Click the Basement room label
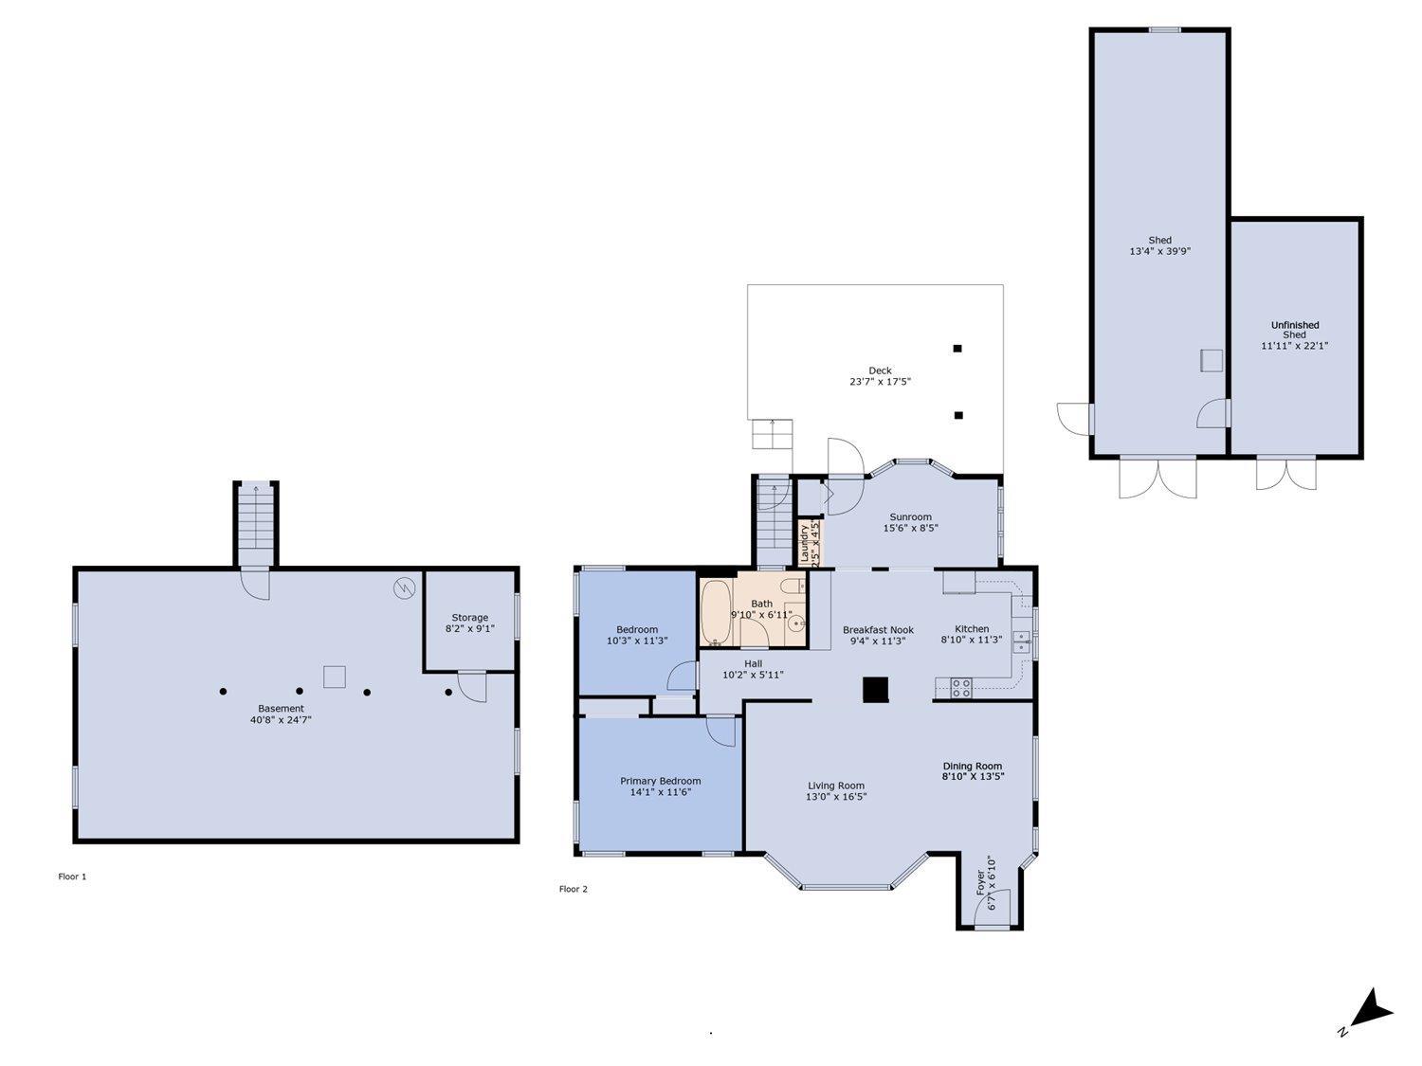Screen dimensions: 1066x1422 (x=281, y=709)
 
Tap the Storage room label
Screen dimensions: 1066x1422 (x=469, y=618)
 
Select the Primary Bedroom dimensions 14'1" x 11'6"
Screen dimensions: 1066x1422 (x=660, y=792)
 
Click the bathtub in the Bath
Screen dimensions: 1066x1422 (x=716, y=613)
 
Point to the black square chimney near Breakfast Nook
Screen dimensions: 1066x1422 (x=875, y=690)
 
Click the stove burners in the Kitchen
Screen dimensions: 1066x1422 (x=960, y=688)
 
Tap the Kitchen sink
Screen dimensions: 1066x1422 (x=1021, y=641)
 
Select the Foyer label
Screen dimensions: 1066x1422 (x=981, y=883)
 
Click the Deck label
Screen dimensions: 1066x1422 (x=880, y=370)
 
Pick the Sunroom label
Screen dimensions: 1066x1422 (x=910, y=517)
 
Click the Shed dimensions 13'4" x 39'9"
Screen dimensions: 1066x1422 (x=1159, y=252)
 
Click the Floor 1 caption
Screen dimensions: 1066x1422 (x=72, y=876)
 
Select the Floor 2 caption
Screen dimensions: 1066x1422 (x=573, y=889)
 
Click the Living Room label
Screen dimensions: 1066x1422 (x=836, y=786)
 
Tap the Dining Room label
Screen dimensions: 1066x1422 (x=972, y=766)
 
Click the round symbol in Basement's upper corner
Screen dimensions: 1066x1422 (x=404, y=587)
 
